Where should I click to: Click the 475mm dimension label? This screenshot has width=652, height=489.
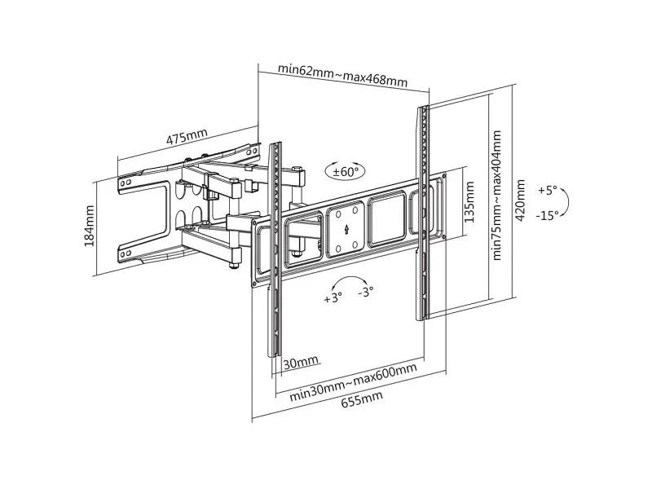click(x=187, y=136)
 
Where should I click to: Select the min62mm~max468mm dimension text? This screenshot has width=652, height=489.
click(x=342, y=75)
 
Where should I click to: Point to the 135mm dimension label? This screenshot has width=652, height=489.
click(x=469, y=201)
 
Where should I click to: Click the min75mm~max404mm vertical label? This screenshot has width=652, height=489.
click(x=496, y=196)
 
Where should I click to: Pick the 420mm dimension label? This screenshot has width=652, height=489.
click(x=520, y=200)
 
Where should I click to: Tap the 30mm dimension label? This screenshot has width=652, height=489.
click(x=301, y=362)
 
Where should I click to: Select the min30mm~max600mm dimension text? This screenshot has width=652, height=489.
click(x=353, y=381)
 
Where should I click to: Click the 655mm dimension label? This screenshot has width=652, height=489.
click(x=362, y=399)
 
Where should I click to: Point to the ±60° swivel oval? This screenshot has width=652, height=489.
click(x=346, y=171)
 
